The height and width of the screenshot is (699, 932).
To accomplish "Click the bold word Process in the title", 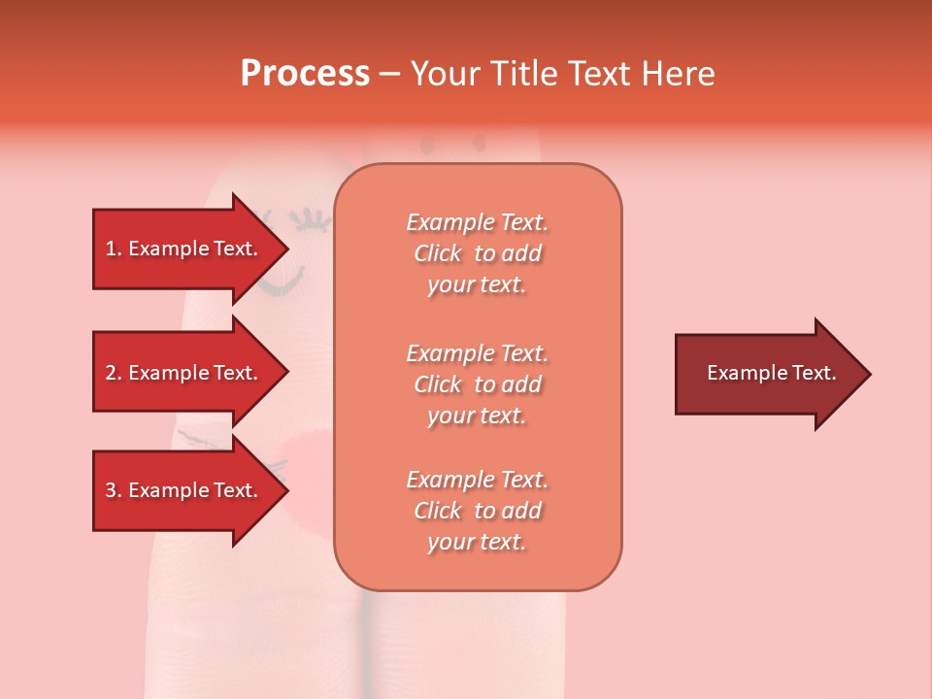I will [305, 74].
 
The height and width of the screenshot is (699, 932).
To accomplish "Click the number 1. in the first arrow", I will [114, 249].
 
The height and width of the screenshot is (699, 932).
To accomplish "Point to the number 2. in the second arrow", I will [114, 373].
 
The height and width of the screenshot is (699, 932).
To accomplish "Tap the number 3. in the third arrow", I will [114, 490].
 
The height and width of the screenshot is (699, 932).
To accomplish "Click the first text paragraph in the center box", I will [477, 253].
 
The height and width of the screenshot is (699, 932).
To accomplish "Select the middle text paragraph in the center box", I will [477, 384].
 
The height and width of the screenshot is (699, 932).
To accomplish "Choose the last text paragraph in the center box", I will [477, 511].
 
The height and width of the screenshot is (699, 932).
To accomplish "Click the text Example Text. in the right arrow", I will [771, 373].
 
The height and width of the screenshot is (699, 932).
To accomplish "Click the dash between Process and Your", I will [389, 75].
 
